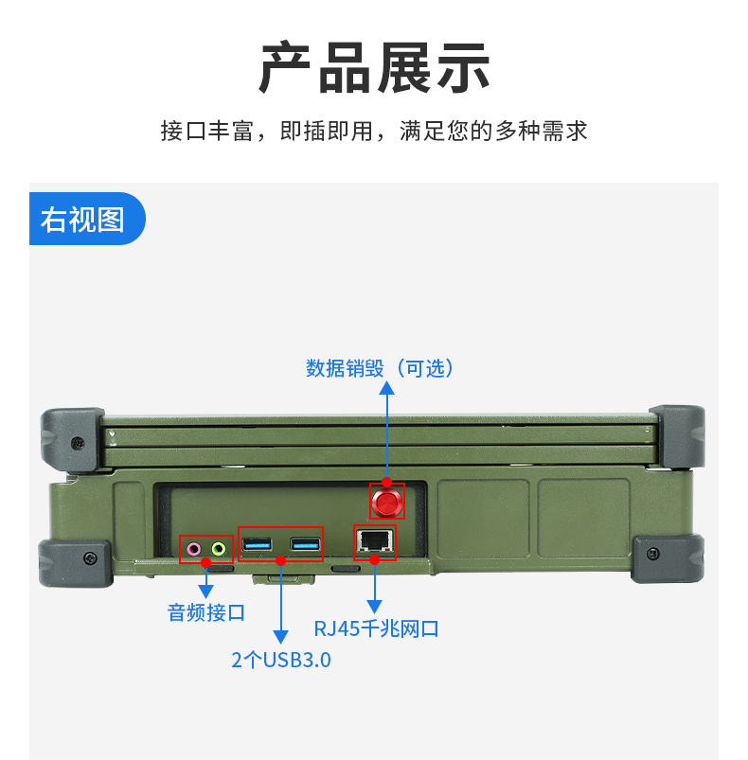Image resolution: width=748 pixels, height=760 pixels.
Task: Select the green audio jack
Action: tap(219, 548)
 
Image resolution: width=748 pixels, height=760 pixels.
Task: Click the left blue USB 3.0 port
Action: tap(257, 544)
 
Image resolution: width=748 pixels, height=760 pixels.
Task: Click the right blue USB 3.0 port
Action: tap(304, 544)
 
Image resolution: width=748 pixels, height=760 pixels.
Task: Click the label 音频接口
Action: tap(206, 612)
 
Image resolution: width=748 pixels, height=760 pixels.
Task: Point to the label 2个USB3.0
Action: tap(281, 660)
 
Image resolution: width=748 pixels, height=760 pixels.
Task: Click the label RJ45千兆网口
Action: tap(376, 628)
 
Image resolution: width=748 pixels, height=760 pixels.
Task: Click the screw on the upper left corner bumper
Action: tap(76, 441)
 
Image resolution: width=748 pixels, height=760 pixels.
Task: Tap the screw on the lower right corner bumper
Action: tap(652, 554)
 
